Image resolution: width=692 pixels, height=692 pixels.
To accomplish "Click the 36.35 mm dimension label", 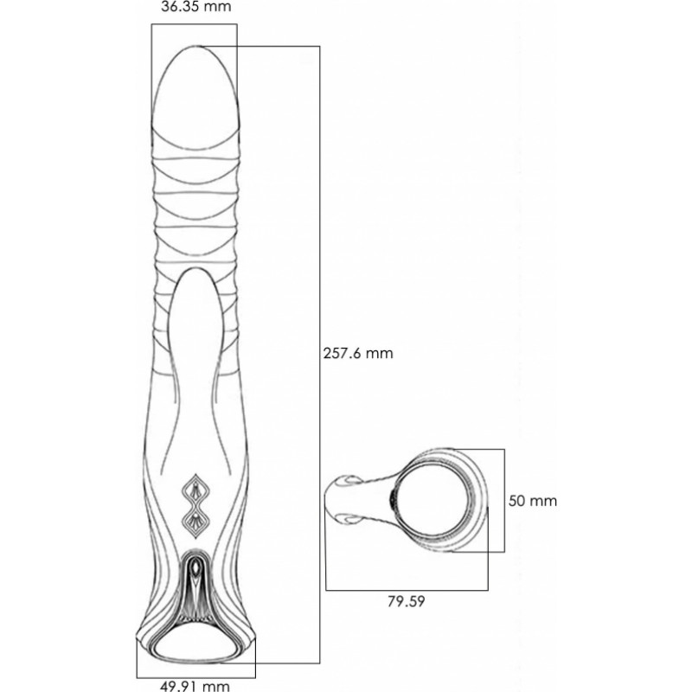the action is pyautogui.click(x=195, y=7).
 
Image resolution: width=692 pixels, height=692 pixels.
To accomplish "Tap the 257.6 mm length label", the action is pyautogui.click(x=358, y=353).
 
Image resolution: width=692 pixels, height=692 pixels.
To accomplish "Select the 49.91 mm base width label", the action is pyautogui.click(x=195, y=686).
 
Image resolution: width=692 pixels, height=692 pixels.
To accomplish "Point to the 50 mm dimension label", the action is pyautogui.click(x=532, y=501).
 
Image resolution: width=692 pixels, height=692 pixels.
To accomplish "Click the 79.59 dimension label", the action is pyautogui.click(x=406, y=601).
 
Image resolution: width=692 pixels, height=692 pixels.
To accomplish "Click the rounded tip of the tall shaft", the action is pyautogui.click(x=195, y=46).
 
